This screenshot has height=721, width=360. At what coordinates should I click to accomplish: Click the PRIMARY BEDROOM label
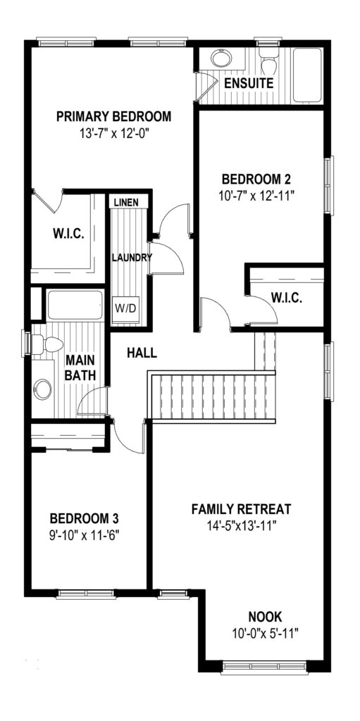tap(113, 116)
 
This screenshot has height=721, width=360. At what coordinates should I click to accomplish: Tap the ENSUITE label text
tap(249, 83)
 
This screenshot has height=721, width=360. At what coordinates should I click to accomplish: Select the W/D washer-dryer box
tap(125, 308)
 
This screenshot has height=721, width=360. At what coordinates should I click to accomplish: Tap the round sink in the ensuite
tap(222, 58)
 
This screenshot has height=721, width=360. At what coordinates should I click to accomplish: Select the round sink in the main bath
tap(42, 389)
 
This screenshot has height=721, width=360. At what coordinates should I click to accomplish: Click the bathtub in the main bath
tap(75, 305)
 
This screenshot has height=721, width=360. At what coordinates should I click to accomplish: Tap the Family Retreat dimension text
tap(241, 525)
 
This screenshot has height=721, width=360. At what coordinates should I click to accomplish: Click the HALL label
tap(142, 353)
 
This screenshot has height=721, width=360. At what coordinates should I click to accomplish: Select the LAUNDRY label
tap(132, 258)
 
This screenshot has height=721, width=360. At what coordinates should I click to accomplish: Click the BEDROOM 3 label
tap(85, 519)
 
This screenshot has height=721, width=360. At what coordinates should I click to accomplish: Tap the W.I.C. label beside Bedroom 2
tap(286, 298)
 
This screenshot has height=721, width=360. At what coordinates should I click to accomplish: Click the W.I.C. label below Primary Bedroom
tap(67, 234)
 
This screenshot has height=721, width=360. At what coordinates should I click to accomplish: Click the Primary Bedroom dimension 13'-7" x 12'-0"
tap(115, 134)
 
